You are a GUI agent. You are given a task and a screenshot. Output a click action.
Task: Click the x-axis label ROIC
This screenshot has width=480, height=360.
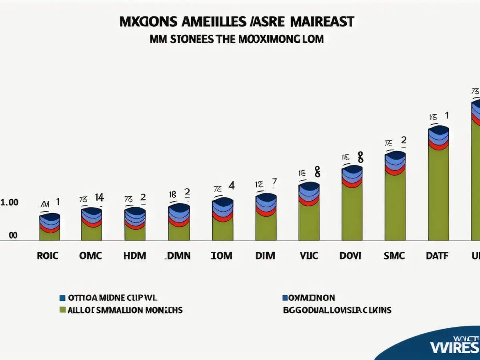(x=48, y=256)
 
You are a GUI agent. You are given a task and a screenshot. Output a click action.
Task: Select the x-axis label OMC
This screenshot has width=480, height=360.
(x=91, y=256)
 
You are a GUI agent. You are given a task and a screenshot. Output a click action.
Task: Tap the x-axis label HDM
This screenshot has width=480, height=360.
(x=135, y=256)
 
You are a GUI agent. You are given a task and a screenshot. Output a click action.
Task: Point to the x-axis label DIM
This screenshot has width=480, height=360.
(x=265, y=256)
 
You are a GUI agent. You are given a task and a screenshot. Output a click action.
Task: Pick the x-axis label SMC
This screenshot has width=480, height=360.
(x=395, y=256)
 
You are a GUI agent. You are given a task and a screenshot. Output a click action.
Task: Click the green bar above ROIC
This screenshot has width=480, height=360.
(x=50, y=235)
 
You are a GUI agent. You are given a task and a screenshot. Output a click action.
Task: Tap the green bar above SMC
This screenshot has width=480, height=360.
(x=395, y=206)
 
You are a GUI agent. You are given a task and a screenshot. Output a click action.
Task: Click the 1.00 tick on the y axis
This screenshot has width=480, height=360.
(x=10, y=203)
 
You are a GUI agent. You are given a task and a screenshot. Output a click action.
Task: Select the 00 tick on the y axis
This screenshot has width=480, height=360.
(x=13, y=236)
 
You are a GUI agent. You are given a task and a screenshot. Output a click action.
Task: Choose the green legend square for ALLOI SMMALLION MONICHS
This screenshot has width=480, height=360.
(x=62, y=310)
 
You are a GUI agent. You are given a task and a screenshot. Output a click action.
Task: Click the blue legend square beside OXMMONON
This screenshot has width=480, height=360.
(x=285, y=298)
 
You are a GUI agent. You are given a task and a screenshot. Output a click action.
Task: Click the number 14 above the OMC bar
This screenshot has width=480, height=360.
(x=99, y=197)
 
